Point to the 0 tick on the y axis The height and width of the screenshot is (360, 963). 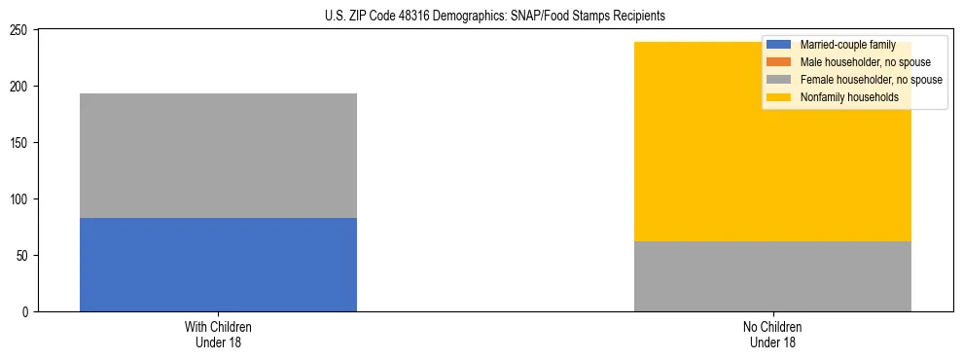click(28, 312)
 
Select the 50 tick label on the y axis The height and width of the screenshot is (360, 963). click(25, 256)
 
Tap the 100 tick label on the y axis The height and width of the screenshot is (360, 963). click(22, 199)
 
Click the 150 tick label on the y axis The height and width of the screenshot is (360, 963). click(22, 143)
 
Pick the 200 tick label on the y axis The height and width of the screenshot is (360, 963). click(22, 87)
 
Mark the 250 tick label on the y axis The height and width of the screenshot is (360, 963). click(22, 30)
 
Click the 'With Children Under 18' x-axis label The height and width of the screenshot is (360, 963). click(218, 335)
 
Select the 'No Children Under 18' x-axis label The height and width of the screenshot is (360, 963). click(772, 335)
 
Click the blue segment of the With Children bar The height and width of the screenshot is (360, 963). click(218, 265)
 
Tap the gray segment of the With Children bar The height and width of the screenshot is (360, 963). click(218, 156)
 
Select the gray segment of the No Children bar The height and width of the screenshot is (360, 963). click(772, 276)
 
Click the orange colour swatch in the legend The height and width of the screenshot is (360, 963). click(778, 62)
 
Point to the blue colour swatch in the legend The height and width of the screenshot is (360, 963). click(778, 45)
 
